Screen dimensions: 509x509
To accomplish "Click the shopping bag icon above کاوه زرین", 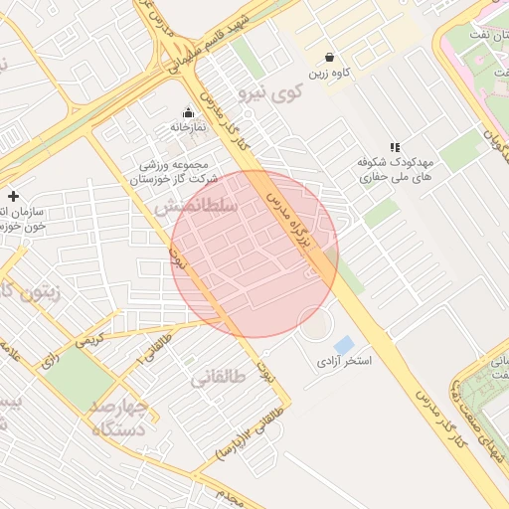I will (330, 57).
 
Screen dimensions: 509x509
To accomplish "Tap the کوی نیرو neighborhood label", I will (268, 93).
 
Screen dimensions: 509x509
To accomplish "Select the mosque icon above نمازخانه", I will (188, 111).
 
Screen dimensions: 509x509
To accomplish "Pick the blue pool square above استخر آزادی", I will (344, 344).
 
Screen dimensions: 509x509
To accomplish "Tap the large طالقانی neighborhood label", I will (218, 378).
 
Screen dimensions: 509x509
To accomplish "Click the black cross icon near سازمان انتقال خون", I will (13, 196).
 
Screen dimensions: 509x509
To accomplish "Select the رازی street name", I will (48, 364).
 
